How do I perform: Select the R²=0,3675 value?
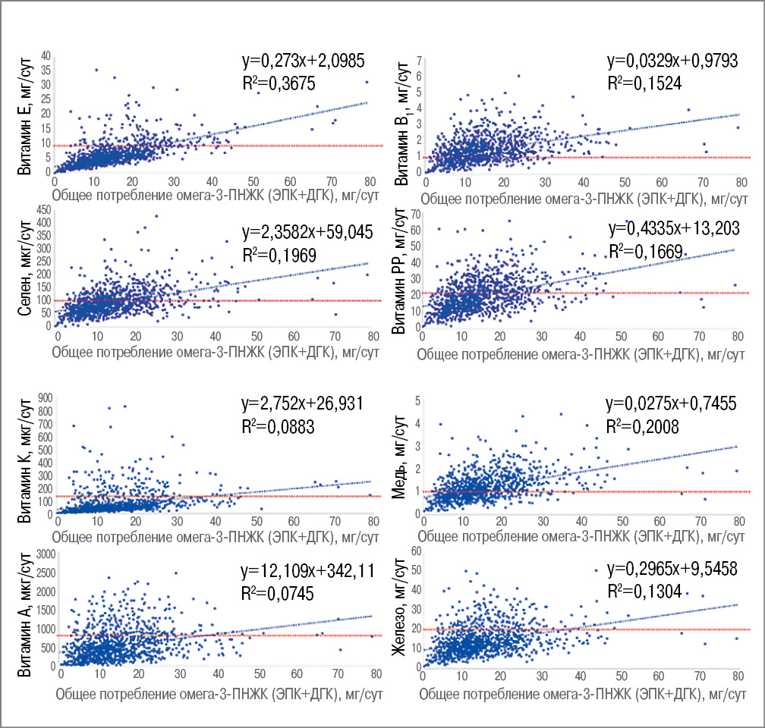pos(275,82)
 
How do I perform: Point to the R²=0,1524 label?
pos(644,83)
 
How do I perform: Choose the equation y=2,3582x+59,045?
pos(307,232)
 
